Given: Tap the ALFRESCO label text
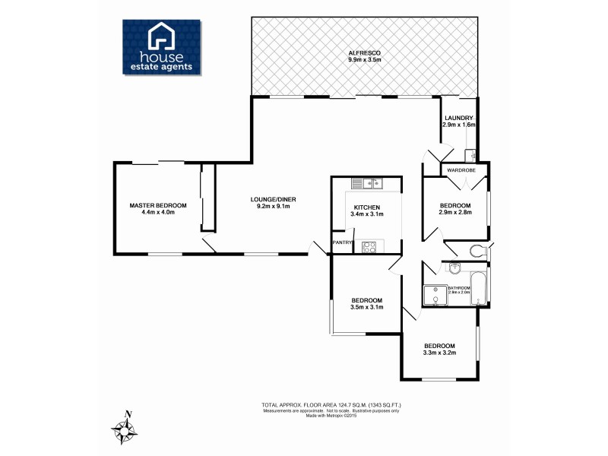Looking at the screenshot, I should click(x=365, y=52).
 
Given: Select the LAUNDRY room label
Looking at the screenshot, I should click(x=459, y=118).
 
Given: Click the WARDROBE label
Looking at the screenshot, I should click(x=461, y=170).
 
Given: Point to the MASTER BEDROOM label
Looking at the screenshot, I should click(x=157, y=205).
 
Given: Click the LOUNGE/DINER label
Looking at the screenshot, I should click(x=273, y=200).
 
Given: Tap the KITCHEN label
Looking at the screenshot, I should click(x=366, y=207).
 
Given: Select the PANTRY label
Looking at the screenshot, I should click(x=342, y=242).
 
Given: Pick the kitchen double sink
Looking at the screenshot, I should click(x=372, y=182).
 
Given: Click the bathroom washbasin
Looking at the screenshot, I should click(x=454, y=268).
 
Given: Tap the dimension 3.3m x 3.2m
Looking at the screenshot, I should click(x=439, y=352).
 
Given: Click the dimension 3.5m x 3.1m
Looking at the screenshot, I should click(x=366, y=307).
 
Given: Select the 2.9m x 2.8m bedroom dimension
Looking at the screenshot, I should click(x=455, y=213).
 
